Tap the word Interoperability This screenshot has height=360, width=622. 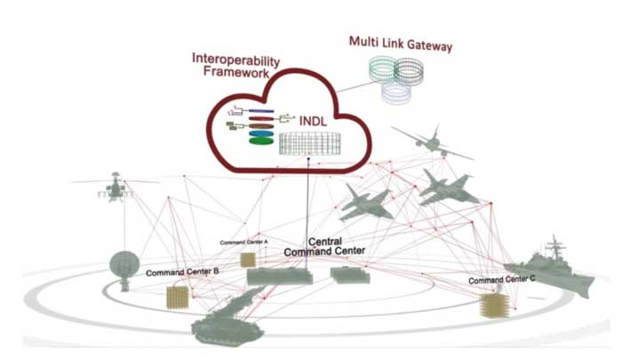236,59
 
